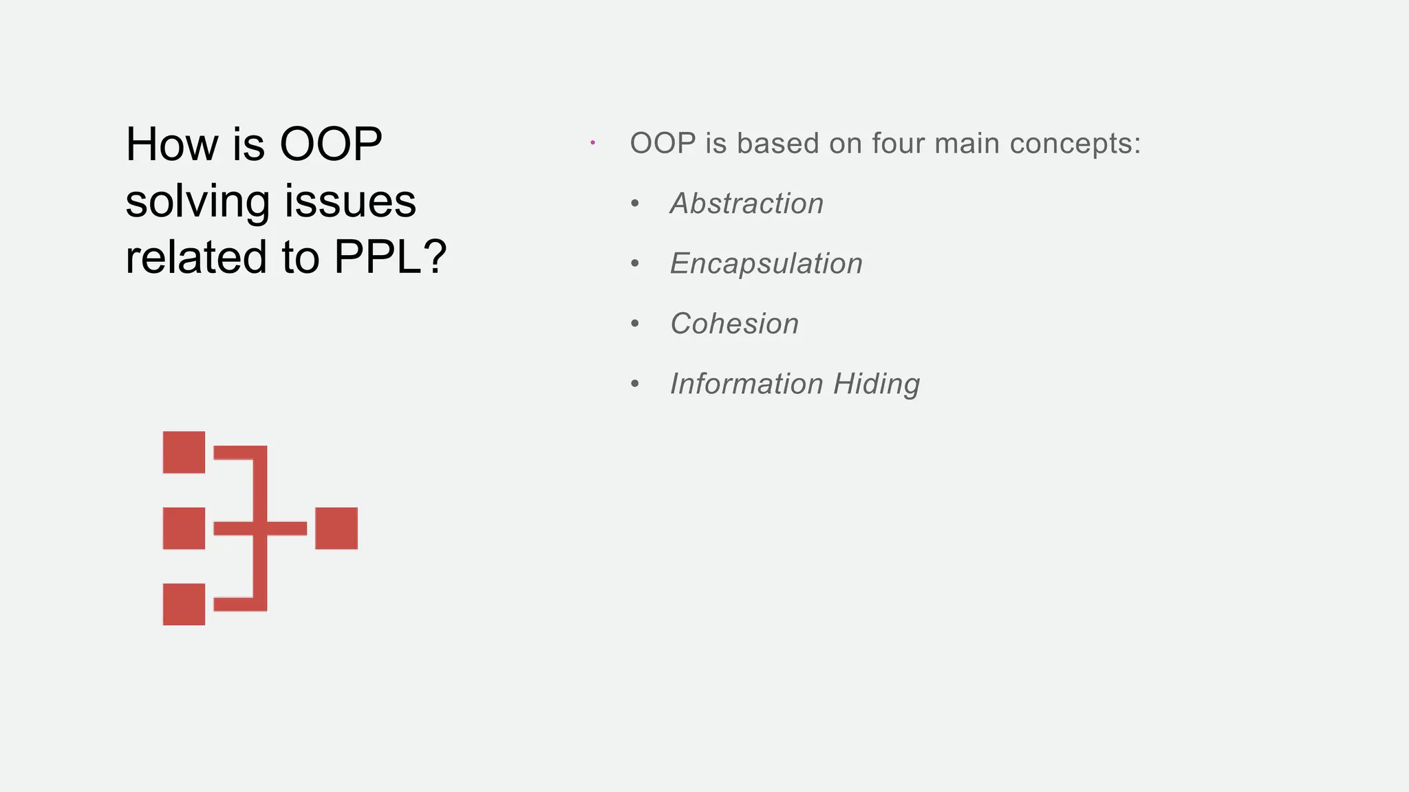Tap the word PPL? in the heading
pyautogui.click(x=390, y=257)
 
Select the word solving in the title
pyautogui.click(x=197, y=201)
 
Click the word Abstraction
pyautogui.click(x=746, y=203)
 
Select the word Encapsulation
pyautogui.click(x=766, y=264)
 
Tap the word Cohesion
pyautogui.click(x=734, y=324)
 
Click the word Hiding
pyautogui.click(x=876, y=384)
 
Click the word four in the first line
pyautogui.click(x=897, y=143)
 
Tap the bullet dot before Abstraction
pyautogui.click(x=635, y=203)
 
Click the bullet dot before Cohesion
pyautogui.click(x=635, y=324)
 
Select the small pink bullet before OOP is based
pyautogui.click(x=592, y=143)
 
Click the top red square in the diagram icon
pyautogui.click(x=184, y=452)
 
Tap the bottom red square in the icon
pyautogui.click(x=184, y=604)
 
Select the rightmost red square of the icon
pyautogui.click(x=336, y=528)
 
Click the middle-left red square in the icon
pyautogui.click(x=184, y=528)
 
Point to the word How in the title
pyautogui.click(x=172, y=144)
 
